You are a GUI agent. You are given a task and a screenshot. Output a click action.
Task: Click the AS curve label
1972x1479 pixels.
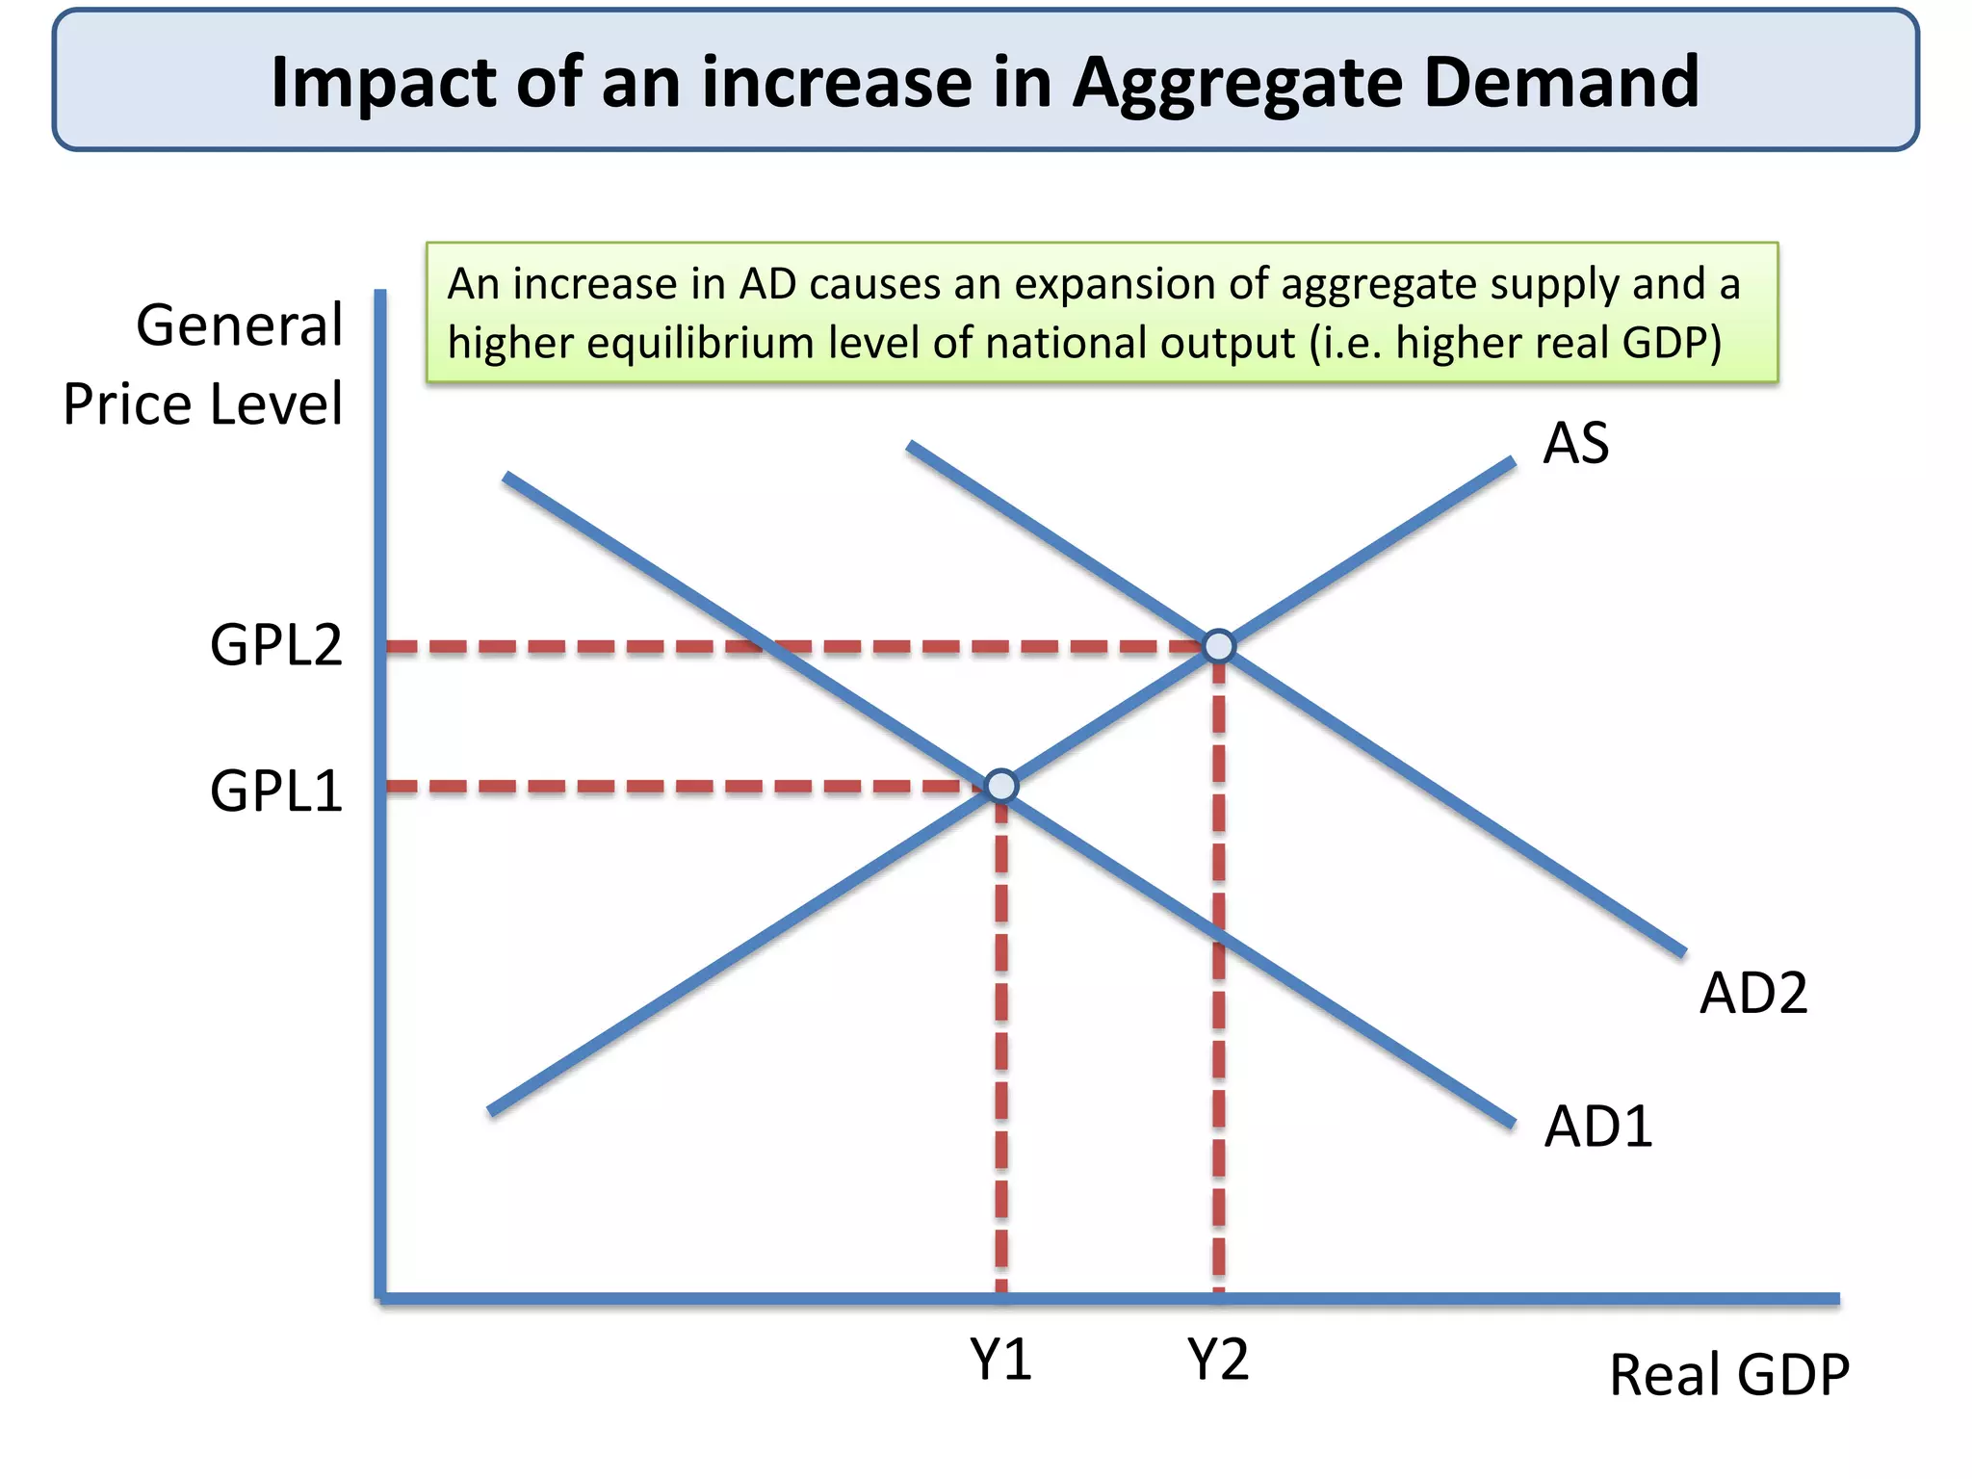tap(1575, 444)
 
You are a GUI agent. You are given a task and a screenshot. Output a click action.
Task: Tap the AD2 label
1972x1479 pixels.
tap(1752, 993)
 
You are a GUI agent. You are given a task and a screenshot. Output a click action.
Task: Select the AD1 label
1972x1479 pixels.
tap(1597, 1126)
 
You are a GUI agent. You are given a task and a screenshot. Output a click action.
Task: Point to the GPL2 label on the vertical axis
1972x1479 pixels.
tap(275, 645)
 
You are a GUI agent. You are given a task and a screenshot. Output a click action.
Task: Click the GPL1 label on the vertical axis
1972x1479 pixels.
tap(275, 791)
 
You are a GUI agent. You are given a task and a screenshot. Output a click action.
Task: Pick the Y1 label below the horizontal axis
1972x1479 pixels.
tap(1000, 1360)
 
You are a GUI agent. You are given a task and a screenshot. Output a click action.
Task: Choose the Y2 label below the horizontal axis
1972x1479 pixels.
tap(1217, 1360)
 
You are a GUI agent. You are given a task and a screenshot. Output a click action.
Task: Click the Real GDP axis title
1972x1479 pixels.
tap(1728, 1374)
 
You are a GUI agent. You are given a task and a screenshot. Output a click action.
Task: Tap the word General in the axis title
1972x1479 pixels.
tap(239, 324)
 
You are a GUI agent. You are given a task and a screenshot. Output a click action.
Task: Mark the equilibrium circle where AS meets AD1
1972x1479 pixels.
tap(1001, 786)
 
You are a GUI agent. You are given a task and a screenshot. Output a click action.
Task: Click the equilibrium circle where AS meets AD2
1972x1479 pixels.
tap(1219, 645)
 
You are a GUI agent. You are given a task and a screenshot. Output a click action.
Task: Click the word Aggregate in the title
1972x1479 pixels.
tap(1238, 84)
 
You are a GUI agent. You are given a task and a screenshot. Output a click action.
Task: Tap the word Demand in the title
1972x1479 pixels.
tap(1561, 82)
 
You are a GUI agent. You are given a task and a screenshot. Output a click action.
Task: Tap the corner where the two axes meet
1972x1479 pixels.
tap(381, 1298)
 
